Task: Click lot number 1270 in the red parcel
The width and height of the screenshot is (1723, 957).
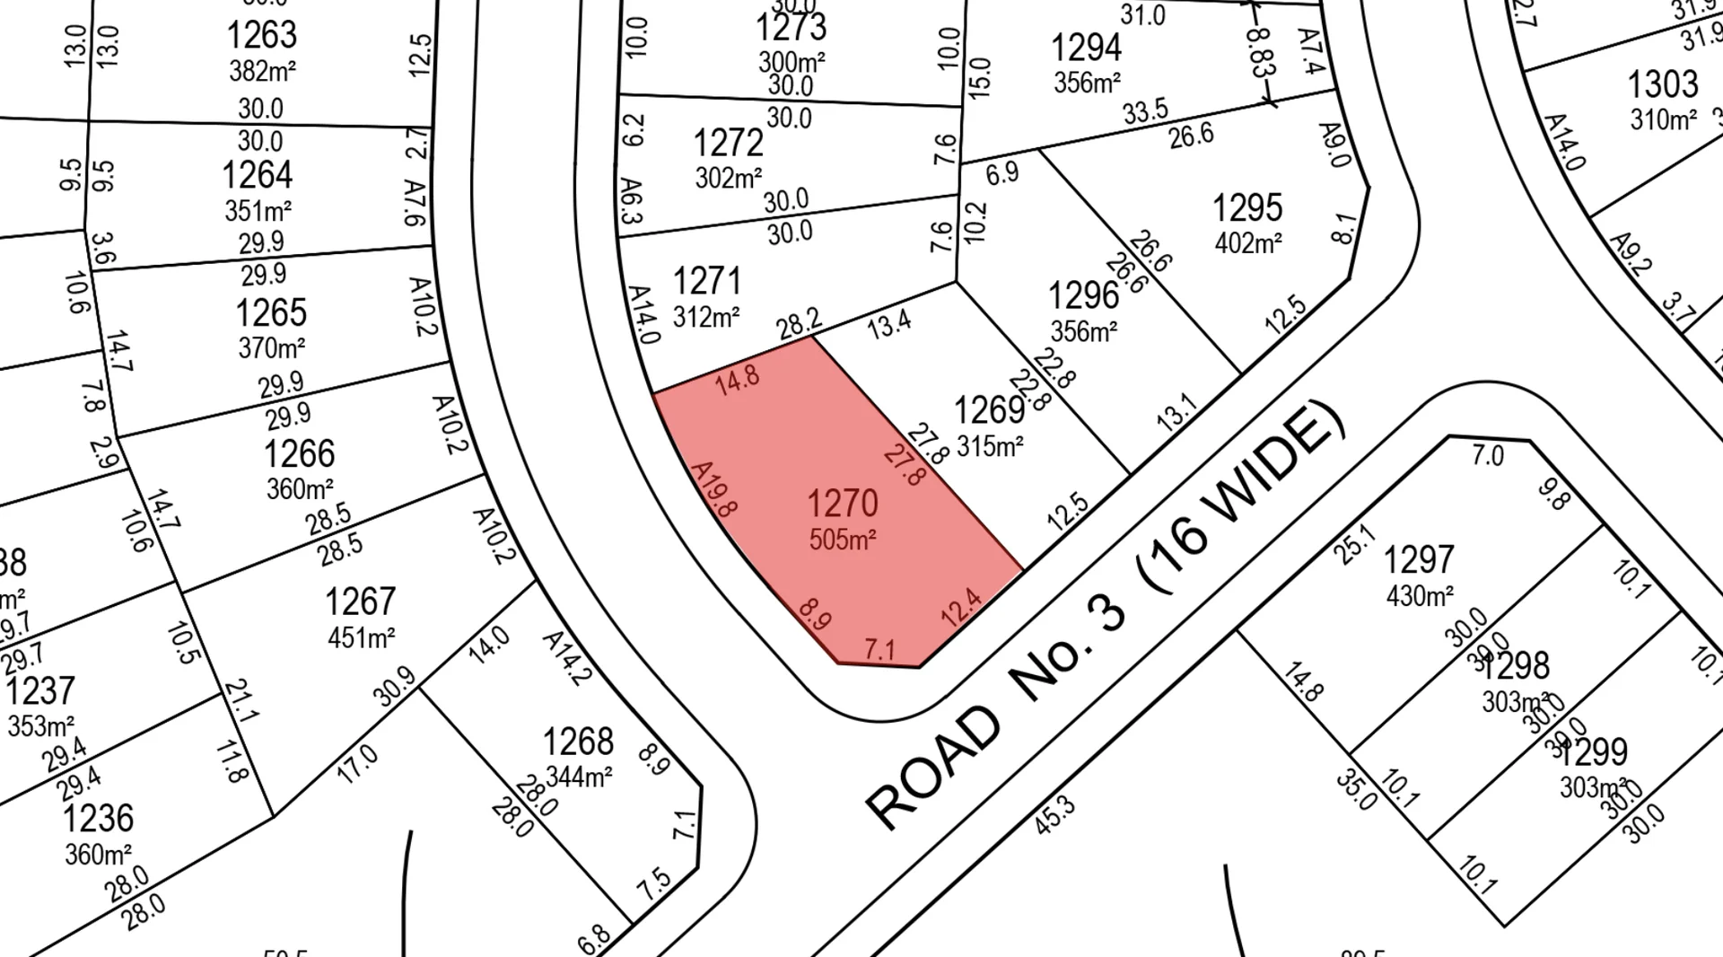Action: (842, 504)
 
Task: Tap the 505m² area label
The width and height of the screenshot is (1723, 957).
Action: (842, 540)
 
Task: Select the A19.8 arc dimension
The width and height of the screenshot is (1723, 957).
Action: (715, 489)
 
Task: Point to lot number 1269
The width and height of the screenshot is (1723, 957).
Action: (989, 410)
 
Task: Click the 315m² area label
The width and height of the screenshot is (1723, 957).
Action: (990, 445)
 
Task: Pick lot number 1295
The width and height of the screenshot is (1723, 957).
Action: (1246, 208)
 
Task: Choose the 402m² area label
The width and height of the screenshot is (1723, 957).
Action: (1247, 242)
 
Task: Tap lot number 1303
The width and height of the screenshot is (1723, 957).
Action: (1662, 84)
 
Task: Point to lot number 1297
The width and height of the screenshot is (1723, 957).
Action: (1418, 560)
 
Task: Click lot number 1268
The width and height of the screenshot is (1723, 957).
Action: (578, 742)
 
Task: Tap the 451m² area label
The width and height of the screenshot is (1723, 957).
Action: (361, 637)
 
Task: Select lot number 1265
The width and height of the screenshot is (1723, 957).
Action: (270, 313)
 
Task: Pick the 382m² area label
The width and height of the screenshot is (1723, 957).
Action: (262, 70)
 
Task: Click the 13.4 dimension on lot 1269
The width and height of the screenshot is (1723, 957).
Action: (889, 323)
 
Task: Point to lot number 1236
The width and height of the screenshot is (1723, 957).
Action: (98, 819)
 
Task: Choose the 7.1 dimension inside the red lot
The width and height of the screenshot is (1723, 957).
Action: (879, 648)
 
